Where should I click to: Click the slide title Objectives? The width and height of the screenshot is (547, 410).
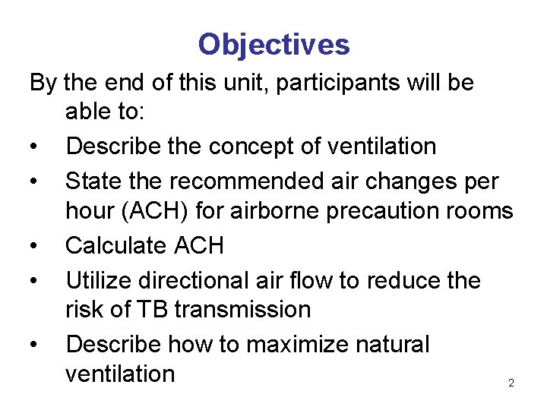273,45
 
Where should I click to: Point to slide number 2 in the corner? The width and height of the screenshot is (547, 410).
511,383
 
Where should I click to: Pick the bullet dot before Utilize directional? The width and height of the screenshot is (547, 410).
35,282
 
